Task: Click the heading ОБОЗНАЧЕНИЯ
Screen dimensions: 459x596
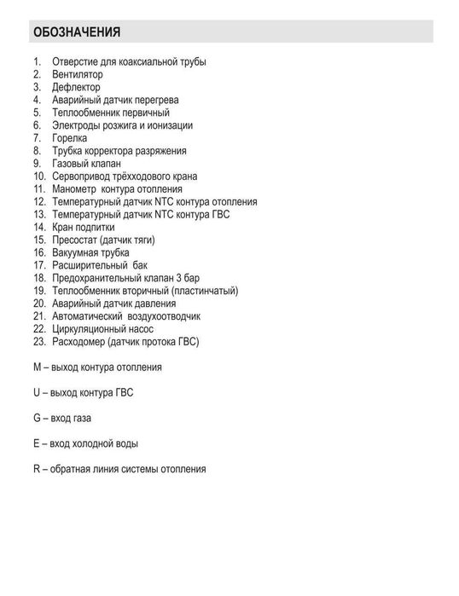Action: click(x=76, y=33)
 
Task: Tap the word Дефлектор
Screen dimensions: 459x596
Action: click(x=76, y=87)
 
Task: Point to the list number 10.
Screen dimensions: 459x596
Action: click(x=39, y=176)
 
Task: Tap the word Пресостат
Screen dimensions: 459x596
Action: click(x=75, y=240)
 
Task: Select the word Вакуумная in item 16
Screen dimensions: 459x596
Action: click(x=76, y=252)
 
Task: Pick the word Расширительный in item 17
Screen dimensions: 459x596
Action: click(x=87, y=265)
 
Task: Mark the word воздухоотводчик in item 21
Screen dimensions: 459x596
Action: click(x=162, y=315)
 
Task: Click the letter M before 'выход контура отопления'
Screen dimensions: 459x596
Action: click(x=37, y=367)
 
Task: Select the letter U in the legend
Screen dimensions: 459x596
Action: click(x=37, y=393)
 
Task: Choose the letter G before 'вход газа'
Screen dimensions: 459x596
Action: click(x=37, y=419)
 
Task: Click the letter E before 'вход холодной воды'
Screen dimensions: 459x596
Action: click(x=37, y=443)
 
